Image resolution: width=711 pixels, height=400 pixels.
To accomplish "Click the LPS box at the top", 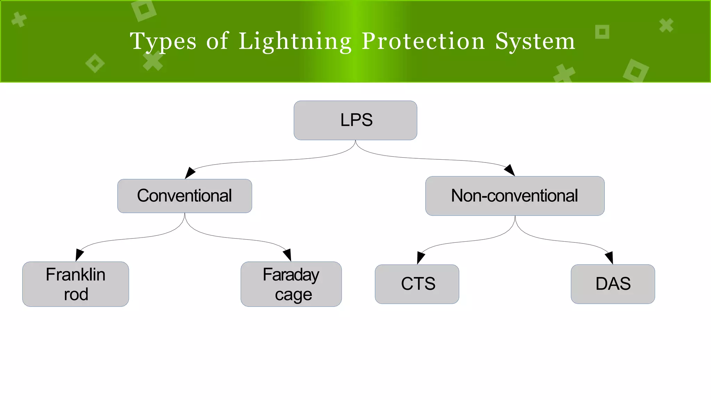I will tap(355, 120).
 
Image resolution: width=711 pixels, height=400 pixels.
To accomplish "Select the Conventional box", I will tap(184, 196).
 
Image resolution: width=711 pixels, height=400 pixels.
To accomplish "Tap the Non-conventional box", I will tap(515, 196).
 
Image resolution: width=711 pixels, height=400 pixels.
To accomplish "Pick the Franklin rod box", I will tap(75, 284).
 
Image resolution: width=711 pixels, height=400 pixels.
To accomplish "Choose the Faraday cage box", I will tap(291, 284).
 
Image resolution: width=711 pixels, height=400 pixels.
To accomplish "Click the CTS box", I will tap(417, 284).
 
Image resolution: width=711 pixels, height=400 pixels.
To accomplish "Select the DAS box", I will tap(613, 284).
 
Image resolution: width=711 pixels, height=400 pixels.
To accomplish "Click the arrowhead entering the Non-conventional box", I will tap(510, 170).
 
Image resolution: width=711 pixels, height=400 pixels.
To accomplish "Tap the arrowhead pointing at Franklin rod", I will tap(79, 255).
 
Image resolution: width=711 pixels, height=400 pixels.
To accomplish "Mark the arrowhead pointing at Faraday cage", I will tap(287, 255).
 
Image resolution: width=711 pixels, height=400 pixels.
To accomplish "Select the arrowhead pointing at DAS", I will tap(609, 258).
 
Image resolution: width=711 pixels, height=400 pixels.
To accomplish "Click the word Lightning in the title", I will tap(295, 42).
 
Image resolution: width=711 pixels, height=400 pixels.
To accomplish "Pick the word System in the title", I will tap(535, 42).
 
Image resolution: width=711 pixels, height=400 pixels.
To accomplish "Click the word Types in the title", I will tap(163, 42).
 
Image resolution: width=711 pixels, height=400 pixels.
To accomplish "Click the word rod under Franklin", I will tap(76, 294).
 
